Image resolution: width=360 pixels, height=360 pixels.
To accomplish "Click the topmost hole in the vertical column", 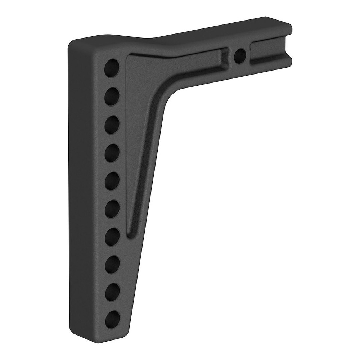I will (x=112, y=67).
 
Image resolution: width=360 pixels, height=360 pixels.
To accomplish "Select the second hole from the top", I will (x=112, y=96).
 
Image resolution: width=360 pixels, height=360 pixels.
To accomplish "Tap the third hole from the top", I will (x=112, y=124).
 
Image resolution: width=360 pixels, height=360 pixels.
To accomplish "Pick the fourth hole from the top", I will (x=112, y=153).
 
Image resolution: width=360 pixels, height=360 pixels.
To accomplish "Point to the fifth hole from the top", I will (x=112, y=181).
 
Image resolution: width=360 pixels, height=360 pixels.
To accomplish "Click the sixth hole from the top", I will (x=112, y=208).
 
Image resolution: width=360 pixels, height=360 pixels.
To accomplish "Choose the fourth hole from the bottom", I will (x=112, y=236).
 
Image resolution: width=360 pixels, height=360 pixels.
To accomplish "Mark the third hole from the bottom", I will (x=112, y=264).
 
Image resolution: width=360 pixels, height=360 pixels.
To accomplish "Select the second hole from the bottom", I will (x=112, y=291).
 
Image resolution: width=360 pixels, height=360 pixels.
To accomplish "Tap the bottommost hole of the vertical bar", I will (x=112, y=319).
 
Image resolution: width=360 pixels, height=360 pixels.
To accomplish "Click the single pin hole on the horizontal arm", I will (x=240, y=56).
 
